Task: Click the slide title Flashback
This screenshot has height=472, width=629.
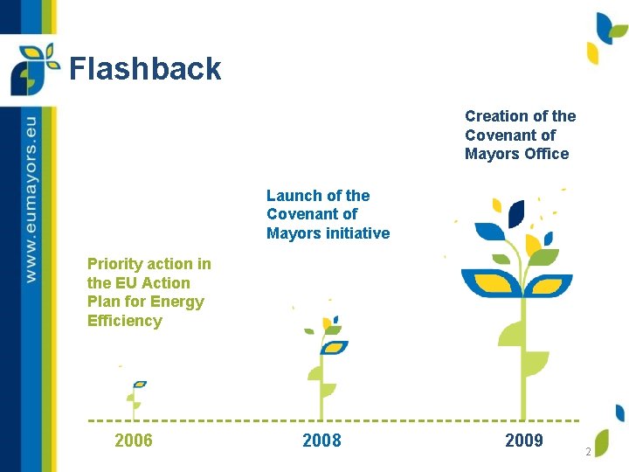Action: pyautogui.click(x=145, y=69)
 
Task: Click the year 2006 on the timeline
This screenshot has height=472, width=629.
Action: pyautogui.click(x=134, y=441)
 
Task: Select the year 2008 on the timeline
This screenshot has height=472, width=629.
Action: pyautogui.click(x=321, y=441)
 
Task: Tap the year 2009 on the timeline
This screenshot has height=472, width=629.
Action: pyautogui.click(x=524, y=441)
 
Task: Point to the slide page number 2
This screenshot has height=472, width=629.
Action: pyautogui.click(x=589, y=452)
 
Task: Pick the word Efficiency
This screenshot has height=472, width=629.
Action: pyautogui.click(x=125, y=321)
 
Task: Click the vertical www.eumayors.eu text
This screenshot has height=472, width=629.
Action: pyautogui.click(x=31, y=197)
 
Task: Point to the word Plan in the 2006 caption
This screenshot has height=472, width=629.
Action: pyautogui.click(x=104, y=302)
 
